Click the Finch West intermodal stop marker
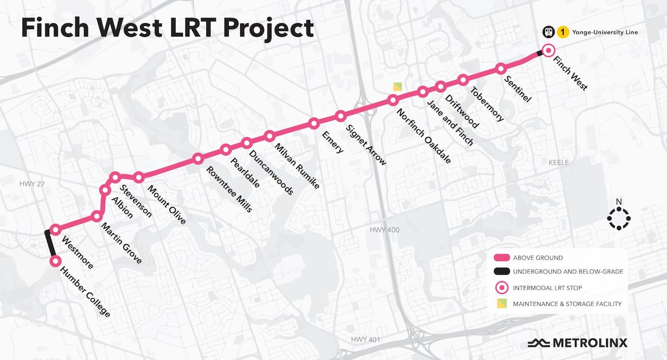[548, 51]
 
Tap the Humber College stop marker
[54, 261]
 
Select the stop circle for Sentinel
[501, 68]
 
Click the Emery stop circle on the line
[314, 123]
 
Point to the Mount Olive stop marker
[139, 178]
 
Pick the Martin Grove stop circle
[96, 216]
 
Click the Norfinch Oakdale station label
[424, 136]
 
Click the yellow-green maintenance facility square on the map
[398, 86]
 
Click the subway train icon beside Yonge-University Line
[548, 32]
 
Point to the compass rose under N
[619, 219]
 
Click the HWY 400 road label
[384, 230]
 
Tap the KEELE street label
[559, 163]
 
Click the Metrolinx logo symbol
[538, 343]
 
